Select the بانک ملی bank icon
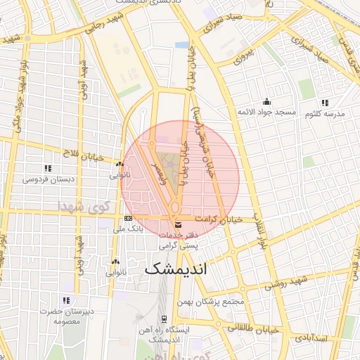point(128,219)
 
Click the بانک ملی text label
point(128,229)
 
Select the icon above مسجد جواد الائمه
point(266,101)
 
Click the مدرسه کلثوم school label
point(324,113)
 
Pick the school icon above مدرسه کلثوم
point(324,102)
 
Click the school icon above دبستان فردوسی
point(48,168)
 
